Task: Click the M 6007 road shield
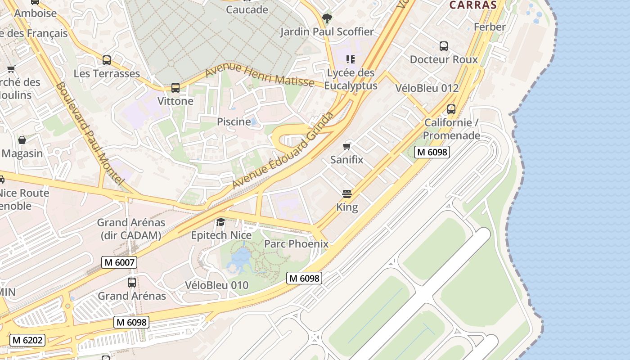point(119,262)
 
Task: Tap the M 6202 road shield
point(27,340)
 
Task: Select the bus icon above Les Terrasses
point(107,60)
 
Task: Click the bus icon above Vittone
point(175,88)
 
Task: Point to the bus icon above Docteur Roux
point(444,46)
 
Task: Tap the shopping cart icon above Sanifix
point(346,146)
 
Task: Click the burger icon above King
point(347,194)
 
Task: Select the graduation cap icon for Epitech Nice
point(221,222)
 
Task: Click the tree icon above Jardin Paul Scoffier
point(327,18)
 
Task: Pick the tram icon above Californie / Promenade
point(451,109)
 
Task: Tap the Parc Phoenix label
point(296,244)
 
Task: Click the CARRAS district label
point(472,5)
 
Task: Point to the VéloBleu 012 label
point(427,88)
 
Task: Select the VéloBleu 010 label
point(216,285)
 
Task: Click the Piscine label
point(234,121)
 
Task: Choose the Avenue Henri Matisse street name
point(260,75)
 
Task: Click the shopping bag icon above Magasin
point(22,140)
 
